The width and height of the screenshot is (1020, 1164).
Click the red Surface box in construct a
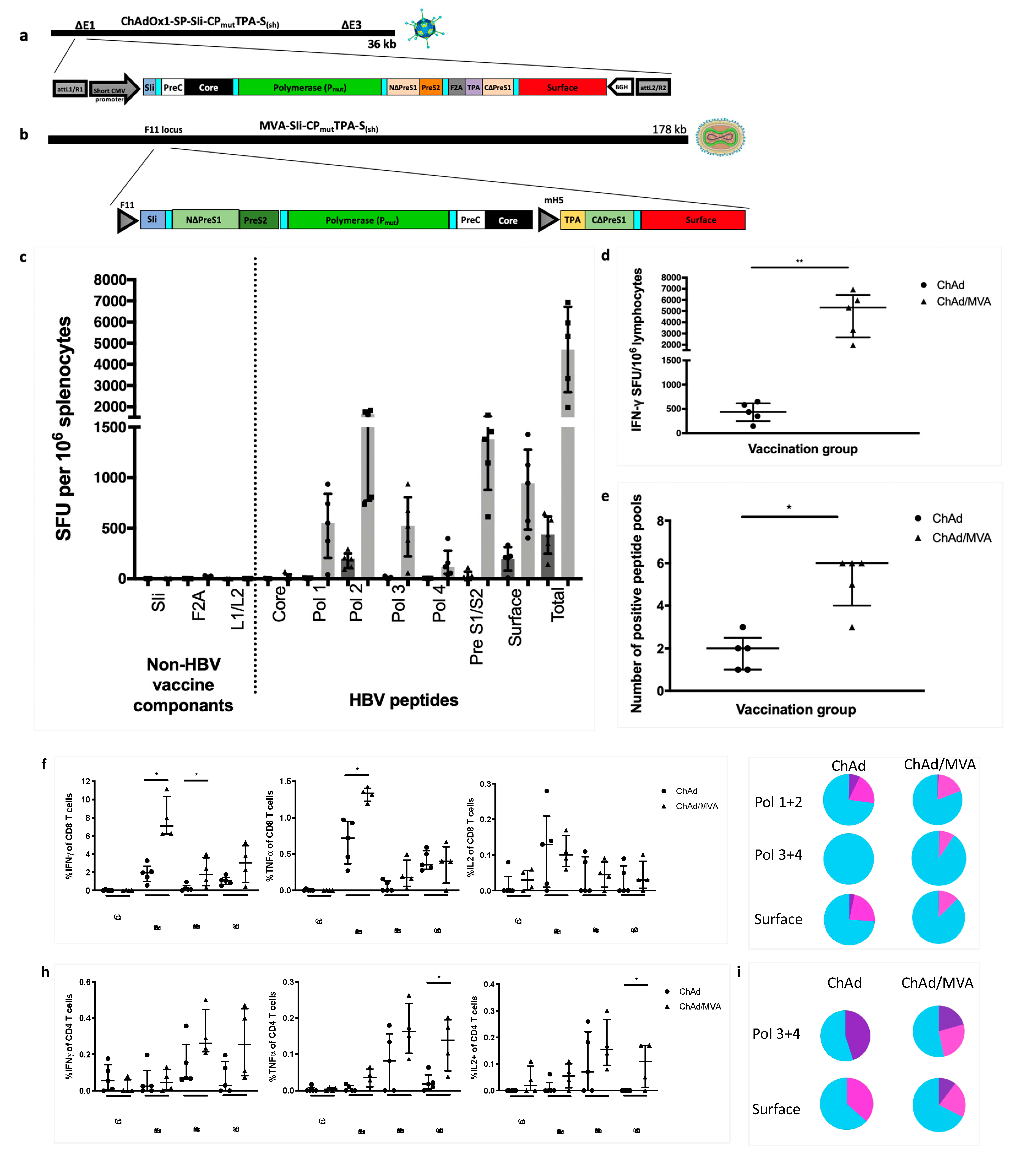click(x=562, y=87)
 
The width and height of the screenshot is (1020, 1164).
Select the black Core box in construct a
click(x=208, y=87)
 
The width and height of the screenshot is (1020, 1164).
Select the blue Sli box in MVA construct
click(x=152, y=219)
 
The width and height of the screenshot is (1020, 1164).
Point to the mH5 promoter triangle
click(x=548, y=220)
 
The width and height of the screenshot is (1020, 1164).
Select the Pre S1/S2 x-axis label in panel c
click(x=477, y=626)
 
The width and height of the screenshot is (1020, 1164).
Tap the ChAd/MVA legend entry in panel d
click(x=963, y=302)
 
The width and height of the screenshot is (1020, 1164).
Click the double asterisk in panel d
click(x=799, y=261)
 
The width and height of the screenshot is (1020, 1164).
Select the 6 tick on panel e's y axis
click(x=660, y=563)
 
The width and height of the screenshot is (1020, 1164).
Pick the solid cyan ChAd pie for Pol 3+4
click(x=848, y=858)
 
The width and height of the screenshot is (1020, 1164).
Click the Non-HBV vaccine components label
click(x=183, y=685)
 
